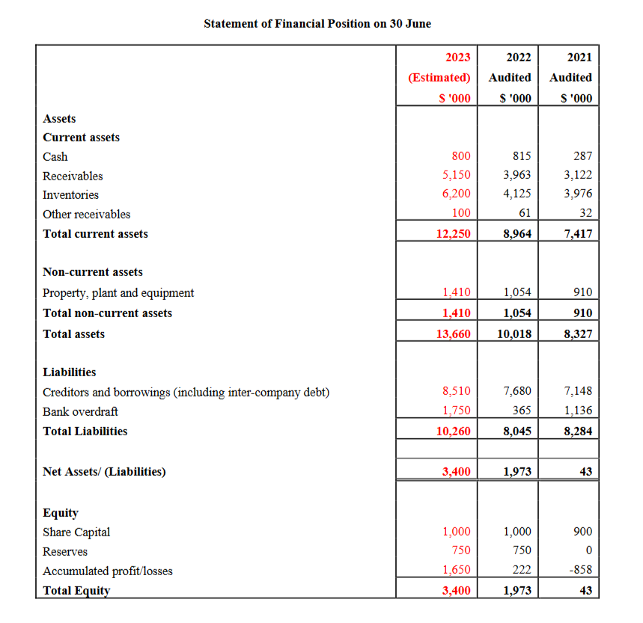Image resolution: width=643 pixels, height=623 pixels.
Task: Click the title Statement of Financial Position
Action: (x=317, y=23)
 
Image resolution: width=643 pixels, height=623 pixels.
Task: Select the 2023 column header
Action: (x=457, y=57)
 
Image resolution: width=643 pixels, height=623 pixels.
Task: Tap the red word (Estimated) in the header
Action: (x=439, y=77)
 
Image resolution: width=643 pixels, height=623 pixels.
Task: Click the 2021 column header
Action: (x=579, y=57)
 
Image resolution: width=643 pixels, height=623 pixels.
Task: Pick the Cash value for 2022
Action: (x=522, y=156)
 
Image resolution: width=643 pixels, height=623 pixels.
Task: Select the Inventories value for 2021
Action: (x=577, y=194)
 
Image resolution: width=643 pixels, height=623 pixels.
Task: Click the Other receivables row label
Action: (x=86, y=214)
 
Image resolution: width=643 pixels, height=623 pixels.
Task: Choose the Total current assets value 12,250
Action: (x=453, y=233)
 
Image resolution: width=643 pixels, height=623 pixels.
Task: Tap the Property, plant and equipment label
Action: (x=118, y=292)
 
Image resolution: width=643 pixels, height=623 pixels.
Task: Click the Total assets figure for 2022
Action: (x=514, y=334)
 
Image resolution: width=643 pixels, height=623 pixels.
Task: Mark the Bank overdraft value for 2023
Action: (x=457, y=411)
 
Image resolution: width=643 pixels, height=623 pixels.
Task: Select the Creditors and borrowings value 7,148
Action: (x=577, y=390)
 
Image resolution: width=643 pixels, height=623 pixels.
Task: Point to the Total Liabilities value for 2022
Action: (x=516, y=431)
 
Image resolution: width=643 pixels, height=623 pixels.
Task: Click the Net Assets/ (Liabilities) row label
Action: (x=104, y=471)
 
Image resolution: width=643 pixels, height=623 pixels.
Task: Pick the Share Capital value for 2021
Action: (x=582, y=531)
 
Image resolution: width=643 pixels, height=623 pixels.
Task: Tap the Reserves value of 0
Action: (x=588, y=551)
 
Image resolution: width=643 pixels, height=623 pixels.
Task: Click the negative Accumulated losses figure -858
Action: (x=579, y=571)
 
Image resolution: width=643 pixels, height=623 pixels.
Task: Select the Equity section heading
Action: (x=61, y=512)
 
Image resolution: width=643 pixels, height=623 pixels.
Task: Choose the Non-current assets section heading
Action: (x=93, y=272)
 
